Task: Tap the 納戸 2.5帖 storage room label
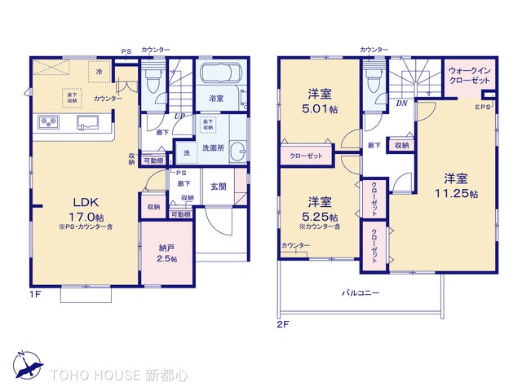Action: click(x=166, y=253)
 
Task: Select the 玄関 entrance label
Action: click(x=219, y=187)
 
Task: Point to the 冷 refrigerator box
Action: click(x=99, y=72)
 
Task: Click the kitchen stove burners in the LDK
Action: click(x=48, y=123)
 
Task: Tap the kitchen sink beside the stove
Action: click(x=86, y=123)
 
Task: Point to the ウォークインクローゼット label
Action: click(x=468, y=76)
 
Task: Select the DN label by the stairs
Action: click(x=401, y=104)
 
